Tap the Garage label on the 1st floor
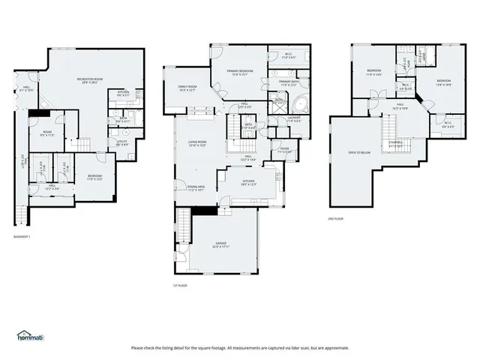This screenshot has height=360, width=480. coord(220,245)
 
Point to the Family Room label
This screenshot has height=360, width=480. coord(187,88)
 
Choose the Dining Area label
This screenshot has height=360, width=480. coord(196,188)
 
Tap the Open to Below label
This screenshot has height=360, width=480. coord(359,152)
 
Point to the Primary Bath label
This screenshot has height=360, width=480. coord(289,82)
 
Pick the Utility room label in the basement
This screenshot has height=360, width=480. coord(121,142)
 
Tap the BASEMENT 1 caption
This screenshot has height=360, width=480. coord(22,237)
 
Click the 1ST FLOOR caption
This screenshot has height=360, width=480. coord(180,286)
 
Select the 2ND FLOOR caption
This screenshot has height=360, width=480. coord(336,218)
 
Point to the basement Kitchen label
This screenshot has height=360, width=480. coord(124,94)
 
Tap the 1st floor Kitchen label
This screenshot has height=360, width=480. coord(249,182)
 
